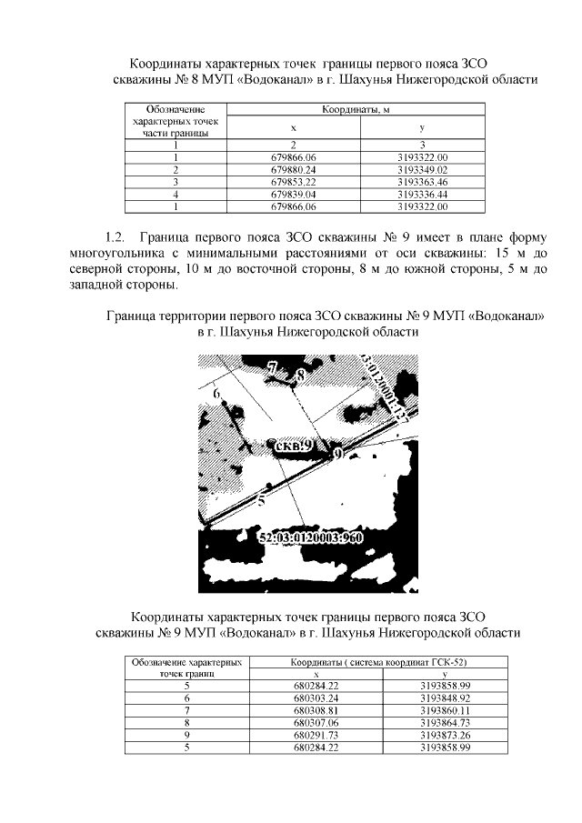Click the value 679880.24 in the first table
pos(293,169)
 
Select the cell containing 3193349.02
pos(423,169)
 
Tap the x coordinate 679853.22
pos(293,182)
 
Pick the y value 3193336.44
pos(423,194)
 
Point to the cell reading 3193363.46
pos(423,182)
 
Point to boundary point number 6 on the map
pos(216,393)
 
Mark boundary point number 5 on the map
pos(261,499)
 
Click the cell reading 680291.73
pos(316,735)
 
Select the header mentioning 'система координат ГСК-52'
pos(379,662)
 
